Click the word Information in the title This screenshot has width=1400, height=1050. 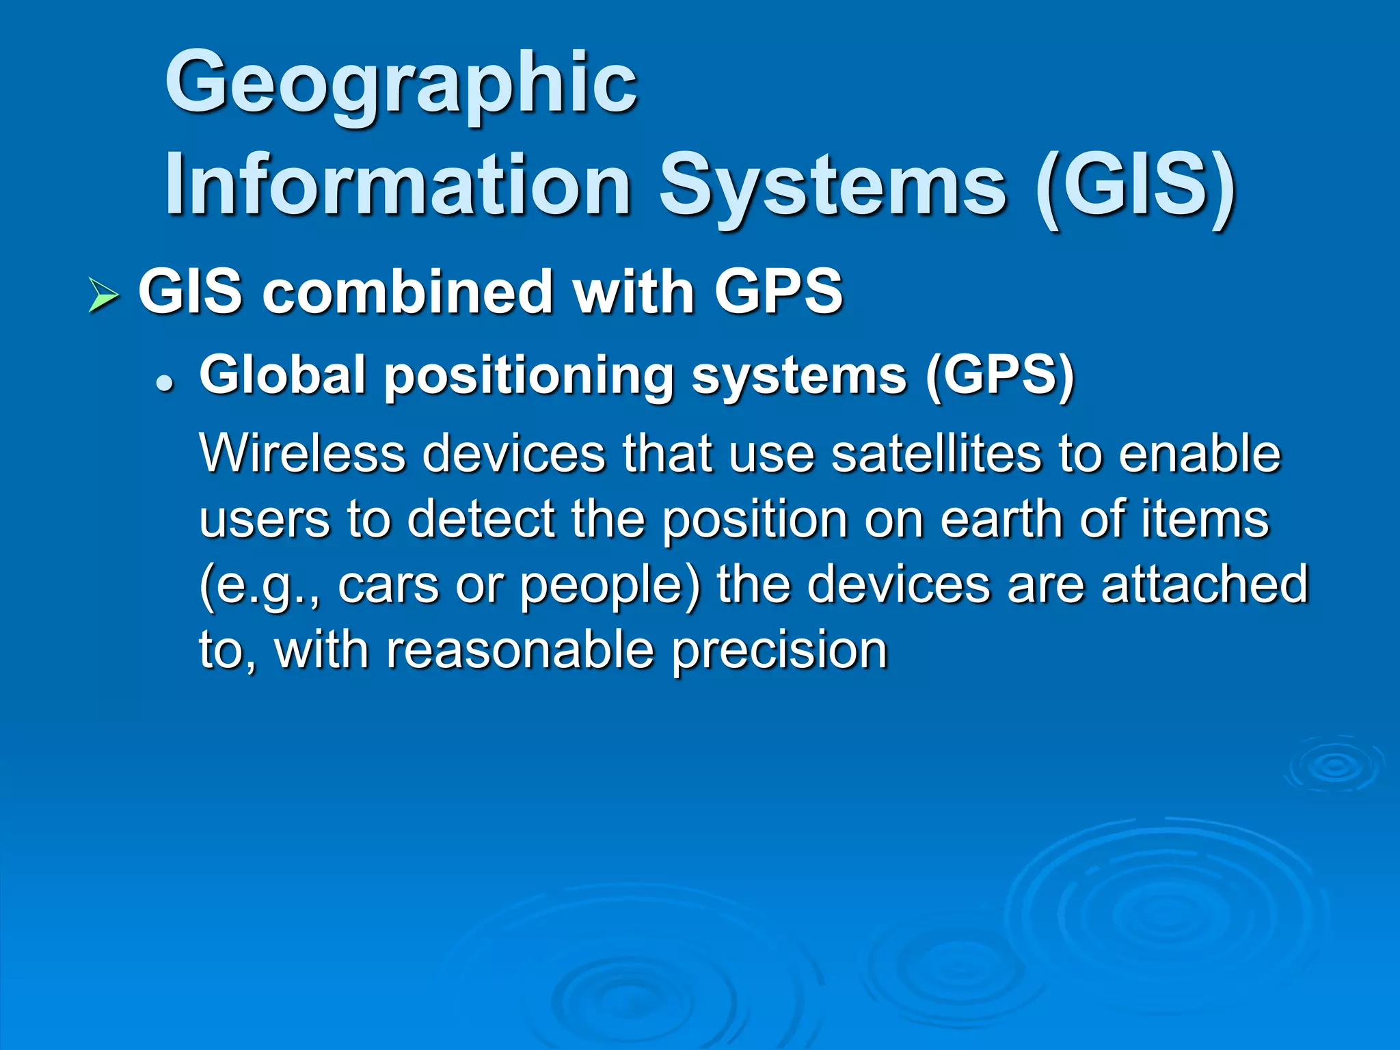click(397, 185)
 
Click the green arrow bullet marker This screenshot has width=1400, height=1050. click(103, 296)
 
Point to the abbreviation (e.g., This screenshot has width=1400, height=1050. click(259, 587)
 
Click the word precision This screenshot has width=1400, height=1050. click(779, 651)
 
